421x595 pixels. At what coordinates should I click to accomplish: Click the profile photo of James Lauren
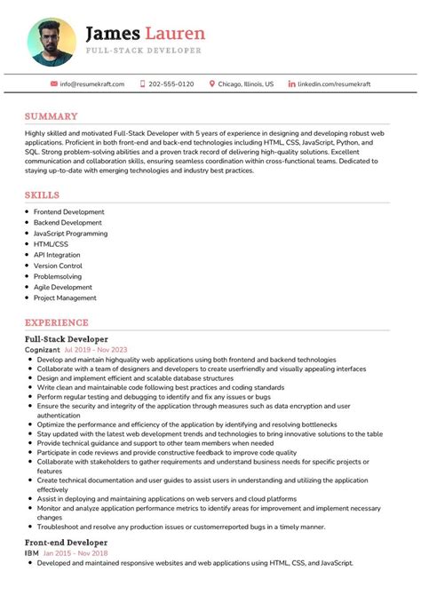52,41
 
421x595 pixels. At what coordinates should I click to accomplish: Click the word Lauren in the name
175,34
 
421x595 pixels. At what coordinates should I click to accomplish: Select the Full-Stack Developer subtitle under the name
143,52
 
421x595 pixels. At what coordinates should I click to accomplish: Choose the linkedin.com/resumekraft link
334,83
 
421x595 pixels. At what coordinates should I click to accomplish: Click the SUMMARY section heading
51,116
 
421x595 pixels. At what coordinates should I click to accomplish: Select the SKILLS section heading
43,194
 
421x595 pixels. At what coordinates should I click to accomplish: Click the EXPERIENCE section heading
57,322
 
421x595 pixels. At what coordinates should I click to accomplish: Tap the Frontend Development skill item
68,212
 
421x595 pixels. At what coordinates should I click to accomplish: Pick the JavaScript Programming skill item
70,234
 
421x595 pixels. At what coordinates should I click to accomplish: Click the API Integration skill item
56,255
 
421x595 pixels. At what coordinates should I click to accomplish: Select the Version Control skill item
58,266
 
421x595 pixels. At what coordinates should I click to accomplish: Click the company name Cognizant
43,350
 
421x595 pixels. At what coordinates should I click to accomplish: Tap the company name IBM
31,552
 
